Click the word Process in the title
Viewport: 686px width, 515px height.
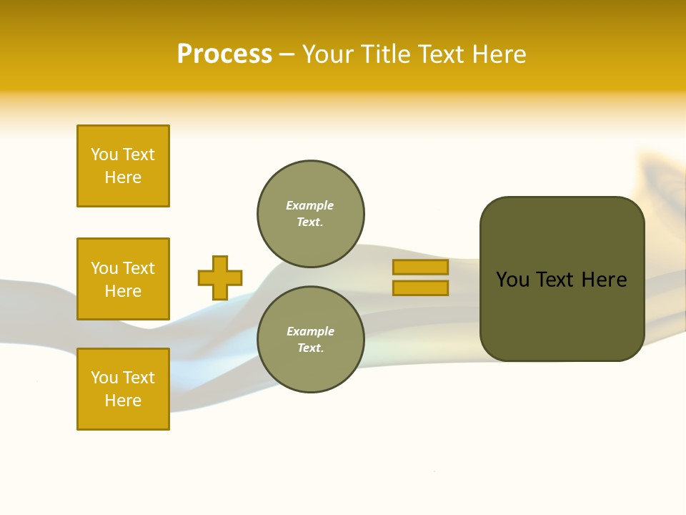click(x=224, y=54)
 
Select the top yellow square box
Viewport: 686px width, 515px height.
click(x=123, y=166)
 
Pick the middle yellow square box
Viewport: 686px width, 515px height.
click(x=123, y=279)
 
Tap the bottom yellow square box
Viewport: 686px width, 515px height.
click(x=123, y=389)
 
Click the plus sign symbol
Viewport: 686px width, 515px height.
click(x=220, y=278)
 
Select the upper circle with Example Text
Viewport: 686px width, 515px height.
click(x=311, y=214)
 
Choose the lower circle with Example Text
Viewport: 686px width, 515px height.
click(x=311, y=340)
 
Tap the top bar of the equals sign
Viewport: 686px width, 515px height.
click(x=420, y=268)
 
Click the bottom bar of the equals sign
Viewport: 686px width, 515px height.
click(x=420, y=288)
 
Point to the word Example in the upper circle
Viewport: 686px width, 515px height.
click(x=310, y=205)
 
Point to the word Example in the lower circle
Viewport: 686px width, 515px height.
click(x=310, y=331)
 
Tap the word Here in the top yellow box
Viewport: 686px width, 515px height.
click(x=123, y=177)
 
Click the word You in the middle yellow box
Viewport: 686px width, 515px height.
click(x=104, y=268)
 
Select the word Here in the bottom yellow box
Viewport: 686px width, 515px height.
click(x=123, y=401)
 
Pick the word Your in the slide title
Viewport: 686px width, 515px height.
click(x=328, y=54)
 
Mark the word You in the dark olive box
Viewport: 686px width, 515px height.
click(x=512, y=280)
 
